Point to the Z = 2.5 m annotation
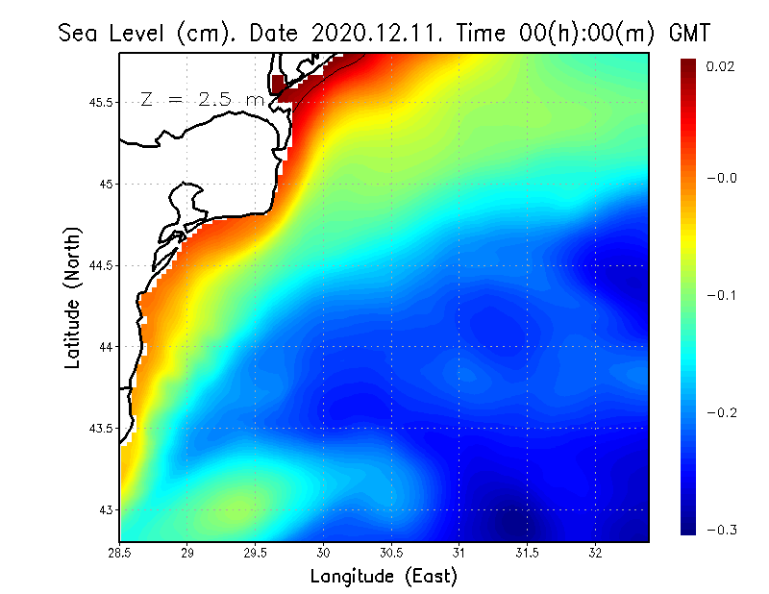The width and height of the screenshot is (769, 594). coord(202,98)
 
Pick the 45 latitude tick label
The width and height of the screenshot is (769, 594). coord(107,184)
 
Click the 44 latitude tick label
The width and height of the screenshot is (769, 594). coord(107,346)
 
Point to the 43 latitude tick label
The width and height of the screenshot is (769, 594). coord(107,509)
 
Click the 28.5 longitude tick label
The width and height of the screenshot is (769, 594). coord(120,554)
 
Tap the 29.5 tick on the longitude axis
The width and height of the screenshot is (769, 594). coord(256,554)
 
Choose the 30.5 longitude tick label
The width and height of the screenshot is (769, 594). coord(391,554)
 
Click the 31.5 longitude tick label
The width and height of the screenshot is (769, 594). coord(527,554)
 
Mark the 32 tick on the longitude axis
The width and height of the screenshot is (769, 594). coord(595,554)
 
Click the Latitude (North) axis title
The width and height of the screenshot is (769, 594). coord(72,297)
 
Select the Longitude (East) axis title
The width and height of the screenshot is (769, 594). coord(384,577)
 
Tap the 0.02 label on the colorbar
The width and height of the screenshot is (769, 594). coord(720,66)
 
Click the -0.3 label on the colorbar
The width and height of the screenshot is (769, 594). coord(720,530)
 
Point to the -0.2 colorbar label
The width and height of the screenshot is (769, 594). coord(720,412)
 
